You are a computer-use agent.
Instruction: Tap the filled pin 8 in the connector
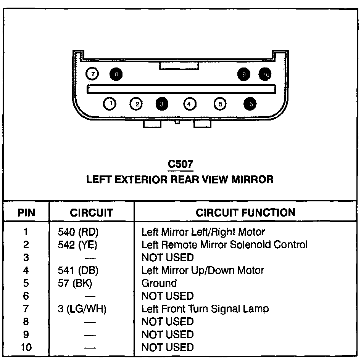click(116, 74)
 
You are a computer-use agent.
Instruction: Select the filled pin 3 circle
click(162, 103)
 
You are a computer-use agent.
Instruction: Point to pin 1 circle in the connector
click(110, 103)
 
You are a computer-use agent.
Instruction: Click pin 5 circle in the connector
click(220, 103)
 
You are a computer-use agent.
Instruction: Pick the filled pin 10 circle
click(266, 74)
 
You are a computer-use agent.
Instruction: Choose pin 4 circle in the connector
click(190, 103)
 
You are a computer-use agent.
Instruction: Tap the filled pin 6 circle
click(250, 103)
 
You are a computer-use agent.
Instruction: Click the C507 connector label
click(180, 164)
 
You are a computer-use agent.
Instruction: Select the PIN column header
click(26, 212)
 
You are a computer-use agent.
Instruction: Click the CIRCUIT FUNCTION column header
click(245, 212)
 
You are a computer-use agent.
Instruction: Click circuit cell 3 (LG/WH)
click(82, 309)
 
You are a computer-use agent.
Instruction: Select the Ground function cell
click(159, 283)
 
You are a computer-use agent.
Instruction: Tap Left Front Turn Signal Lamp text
click(205, 309)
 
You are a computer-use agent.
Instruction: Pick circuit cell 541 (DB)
click(78, 270)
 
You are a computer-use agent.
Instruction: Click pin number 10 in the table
click(26, 347)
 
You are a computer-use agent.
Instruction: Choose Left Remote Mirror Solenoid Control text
click(224, 244)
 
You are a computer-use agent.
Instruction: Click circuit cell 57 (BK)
click(75, 283)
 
